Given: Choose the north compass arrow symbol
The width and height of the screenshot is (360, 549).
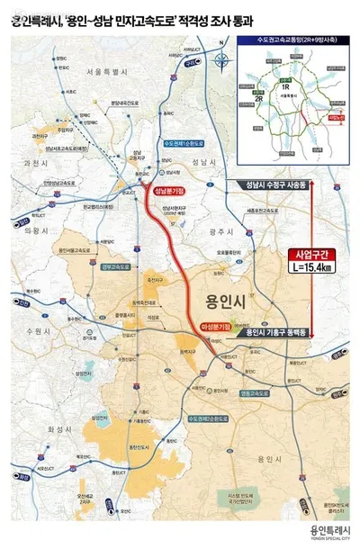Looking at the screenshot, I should pos(222,60).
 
